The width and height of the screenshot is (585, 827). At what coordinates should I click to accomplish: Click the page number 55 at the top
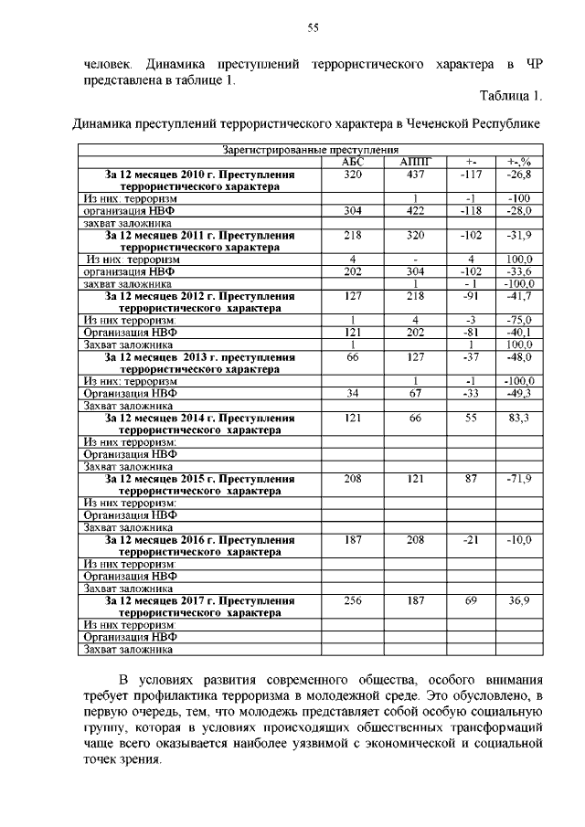(x=312, y=28)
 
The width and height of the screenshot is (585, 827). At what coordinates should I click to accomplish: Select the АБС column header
(x=352, y=162)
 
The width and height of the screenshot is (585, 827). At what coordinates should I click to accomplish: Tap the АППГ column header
(x=414, y=162)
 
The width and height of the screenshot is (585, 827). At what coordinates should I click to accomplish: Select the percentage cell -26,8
(x=519, y=174)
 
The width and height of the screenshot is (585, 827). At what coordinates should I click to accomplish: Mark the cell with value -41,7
(x=519, y=296)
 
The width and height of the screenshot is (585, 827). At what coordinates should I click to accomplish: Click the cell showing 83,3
(x=519, y=418)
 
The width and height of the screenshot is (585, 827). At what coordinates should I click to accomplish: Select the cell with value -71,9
(x=519, y=479)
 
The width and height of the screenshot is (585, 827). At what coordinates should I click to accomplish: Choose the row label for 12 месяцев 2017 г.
(x=199, y=607)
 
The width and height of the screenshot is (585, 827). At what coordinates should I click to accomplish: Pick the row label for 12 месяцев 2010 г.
(x=199, y=179)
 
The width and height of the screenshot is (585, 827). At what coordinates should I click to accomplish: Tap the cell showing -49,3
(x=519, y=394)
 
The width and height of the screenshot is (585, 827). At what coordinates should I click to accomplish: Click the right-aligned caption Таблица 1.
(x=511, y=96)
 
